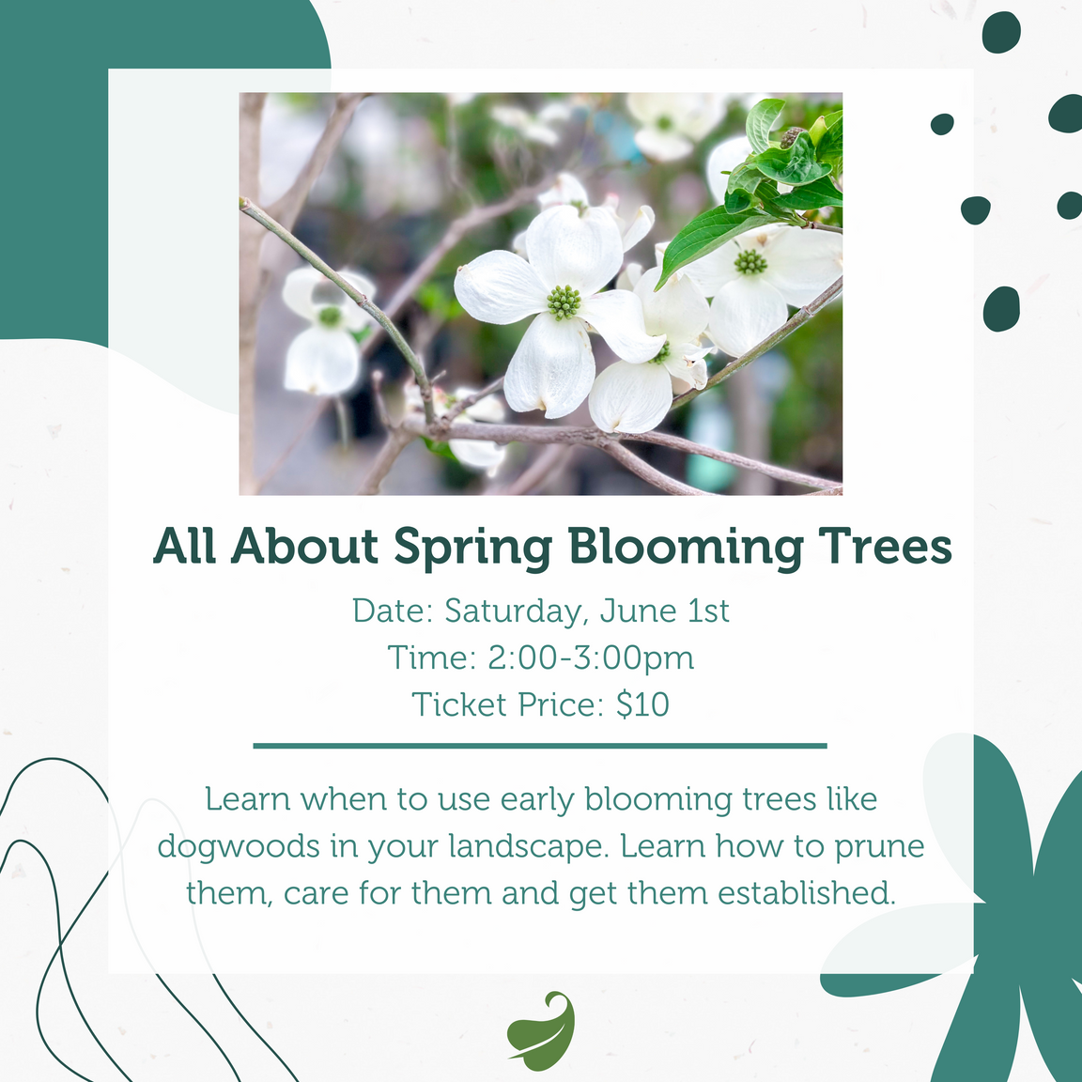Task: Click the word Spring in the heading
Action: point(471,547)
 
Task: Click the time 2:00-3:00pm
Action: point(591,657)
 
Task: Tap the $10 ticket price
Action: point(642,704)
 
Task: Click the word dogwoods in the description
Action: point(239,847)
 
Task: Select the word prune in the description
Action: point(879,846)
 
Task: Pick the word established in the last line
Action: point(807,892)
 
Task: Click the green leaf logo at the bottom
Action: point(541,1030)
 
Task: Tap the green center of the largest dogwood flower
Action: point(564,302)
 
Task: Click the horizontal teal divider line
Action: point(540,746)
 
